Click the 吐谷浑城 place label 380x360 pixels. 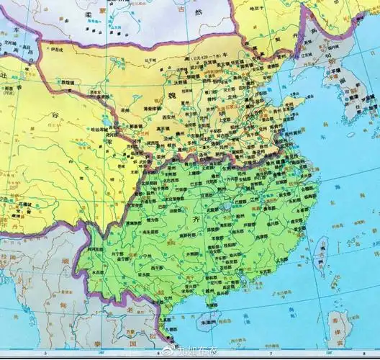tap(104, 130)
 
